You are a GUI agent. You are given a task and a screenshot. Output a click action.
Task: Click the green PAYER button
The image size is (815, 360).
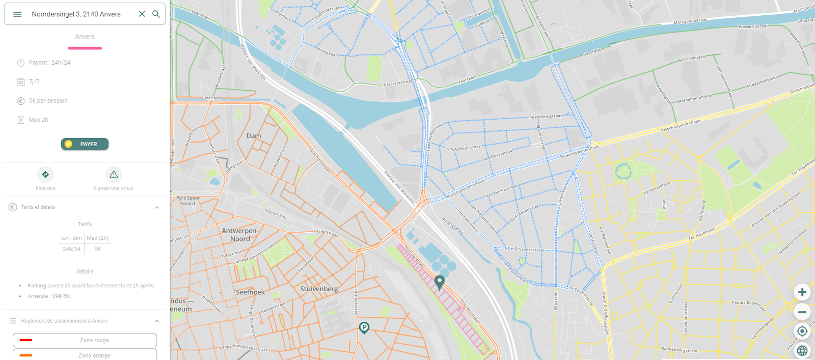pos(85,144)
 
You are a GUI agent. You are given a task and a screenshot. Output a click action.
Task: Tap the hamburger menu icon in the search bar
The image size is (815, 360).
pos(17,14)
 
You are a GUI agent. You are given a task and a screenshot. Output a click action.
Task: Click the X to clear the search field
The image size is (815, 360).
pos(142,14)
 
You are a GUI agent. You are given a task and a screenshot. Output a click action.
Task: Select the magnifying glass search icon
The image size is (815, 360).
pos(156,14)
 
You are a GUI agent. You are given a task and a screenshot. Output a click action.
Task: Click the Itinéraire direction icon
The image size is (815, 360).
pos(45,175)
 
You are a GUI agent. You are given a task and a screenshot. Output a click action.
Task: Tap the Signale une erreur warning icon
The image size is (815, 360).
pos(114,175)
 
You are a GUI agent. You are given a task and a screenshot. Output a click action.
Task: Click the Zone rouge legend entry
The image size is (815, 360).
pos(85,340)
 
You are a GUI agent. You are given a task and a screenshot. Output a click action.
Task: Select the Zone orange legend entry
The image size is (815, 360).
pos(85,355)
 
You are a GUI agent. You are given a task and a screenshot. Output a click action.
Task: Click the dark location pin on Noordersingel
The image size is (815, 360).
pos(440,282)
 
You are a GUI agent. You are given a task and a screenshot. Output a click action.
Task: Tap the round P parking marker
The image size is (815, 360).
pos(364,327)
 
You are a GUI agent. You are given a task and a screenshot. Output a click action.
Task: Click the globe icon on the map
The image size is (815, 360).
pos(802,350)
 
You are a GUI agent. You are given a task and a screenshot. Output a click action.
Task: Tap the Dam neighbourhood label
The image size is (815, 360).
pos(254,136)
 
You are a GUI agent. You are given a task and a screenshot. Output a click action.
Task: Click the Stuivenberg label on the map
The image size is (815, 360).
pos(319,289)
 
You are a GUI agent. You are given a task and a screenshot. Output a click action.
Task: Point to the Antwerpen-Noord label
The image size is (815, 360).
pos(240,235)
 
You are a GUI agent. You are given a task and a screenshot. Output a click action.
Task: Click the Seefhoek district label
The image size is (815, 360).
pos(250,292)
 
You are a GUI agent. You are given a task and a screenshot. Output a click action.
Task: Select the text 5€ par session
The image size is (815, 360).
pos(48,101)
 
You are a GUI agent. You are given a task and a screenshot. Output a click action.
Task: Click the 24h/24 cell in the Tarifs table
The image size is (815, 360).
pos(71,249)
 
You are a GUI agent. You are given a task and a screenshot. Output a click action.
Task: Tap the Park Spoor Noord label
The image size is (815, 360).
pos(188,201)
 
